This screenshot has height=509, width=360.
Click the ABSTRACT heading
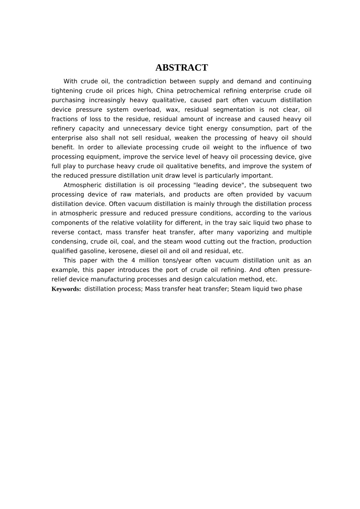(x=182, y=68)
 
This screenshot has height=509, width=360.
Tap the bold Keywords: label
(x=66, y=289)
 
